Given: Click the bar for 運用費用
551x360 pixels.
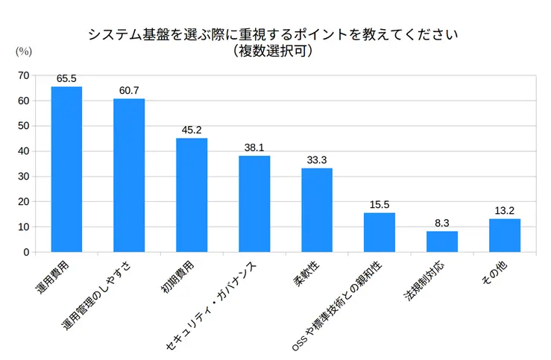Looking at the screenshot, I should tap(66, 169).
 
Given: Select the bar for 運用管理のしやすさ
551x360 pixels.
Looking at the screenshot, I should tap(129, 175).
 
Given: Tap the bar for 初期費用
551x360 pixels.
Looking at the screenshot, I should tap(192, 195).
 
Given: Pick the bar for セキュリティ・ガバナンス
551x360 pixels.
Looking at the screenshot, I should tap(254, 203).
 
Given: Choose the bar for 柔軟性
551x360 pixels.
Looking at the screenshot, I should tap(317, 209).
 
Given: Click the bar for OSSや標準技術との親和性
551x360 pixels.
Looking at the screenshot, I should tap(380, 232).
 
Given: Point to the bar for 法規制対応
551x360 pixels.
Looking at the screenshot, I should tap(442, 241).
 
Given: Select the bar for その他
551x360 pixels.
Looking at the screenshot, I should tap(505, 235).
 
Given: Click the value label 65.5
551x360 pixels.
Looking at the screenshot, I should tap(66, 78).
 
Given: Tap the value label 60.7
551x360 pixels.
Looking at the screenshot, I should tap(129, 90).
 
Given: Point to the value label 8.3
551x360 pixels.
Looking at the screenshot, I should tap(442, 222).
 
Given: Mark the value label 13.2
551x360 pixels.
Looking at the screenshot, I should tap(505, 210).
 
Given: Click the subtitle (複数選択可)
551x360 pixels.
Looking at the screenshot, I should tap(272, 51).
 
